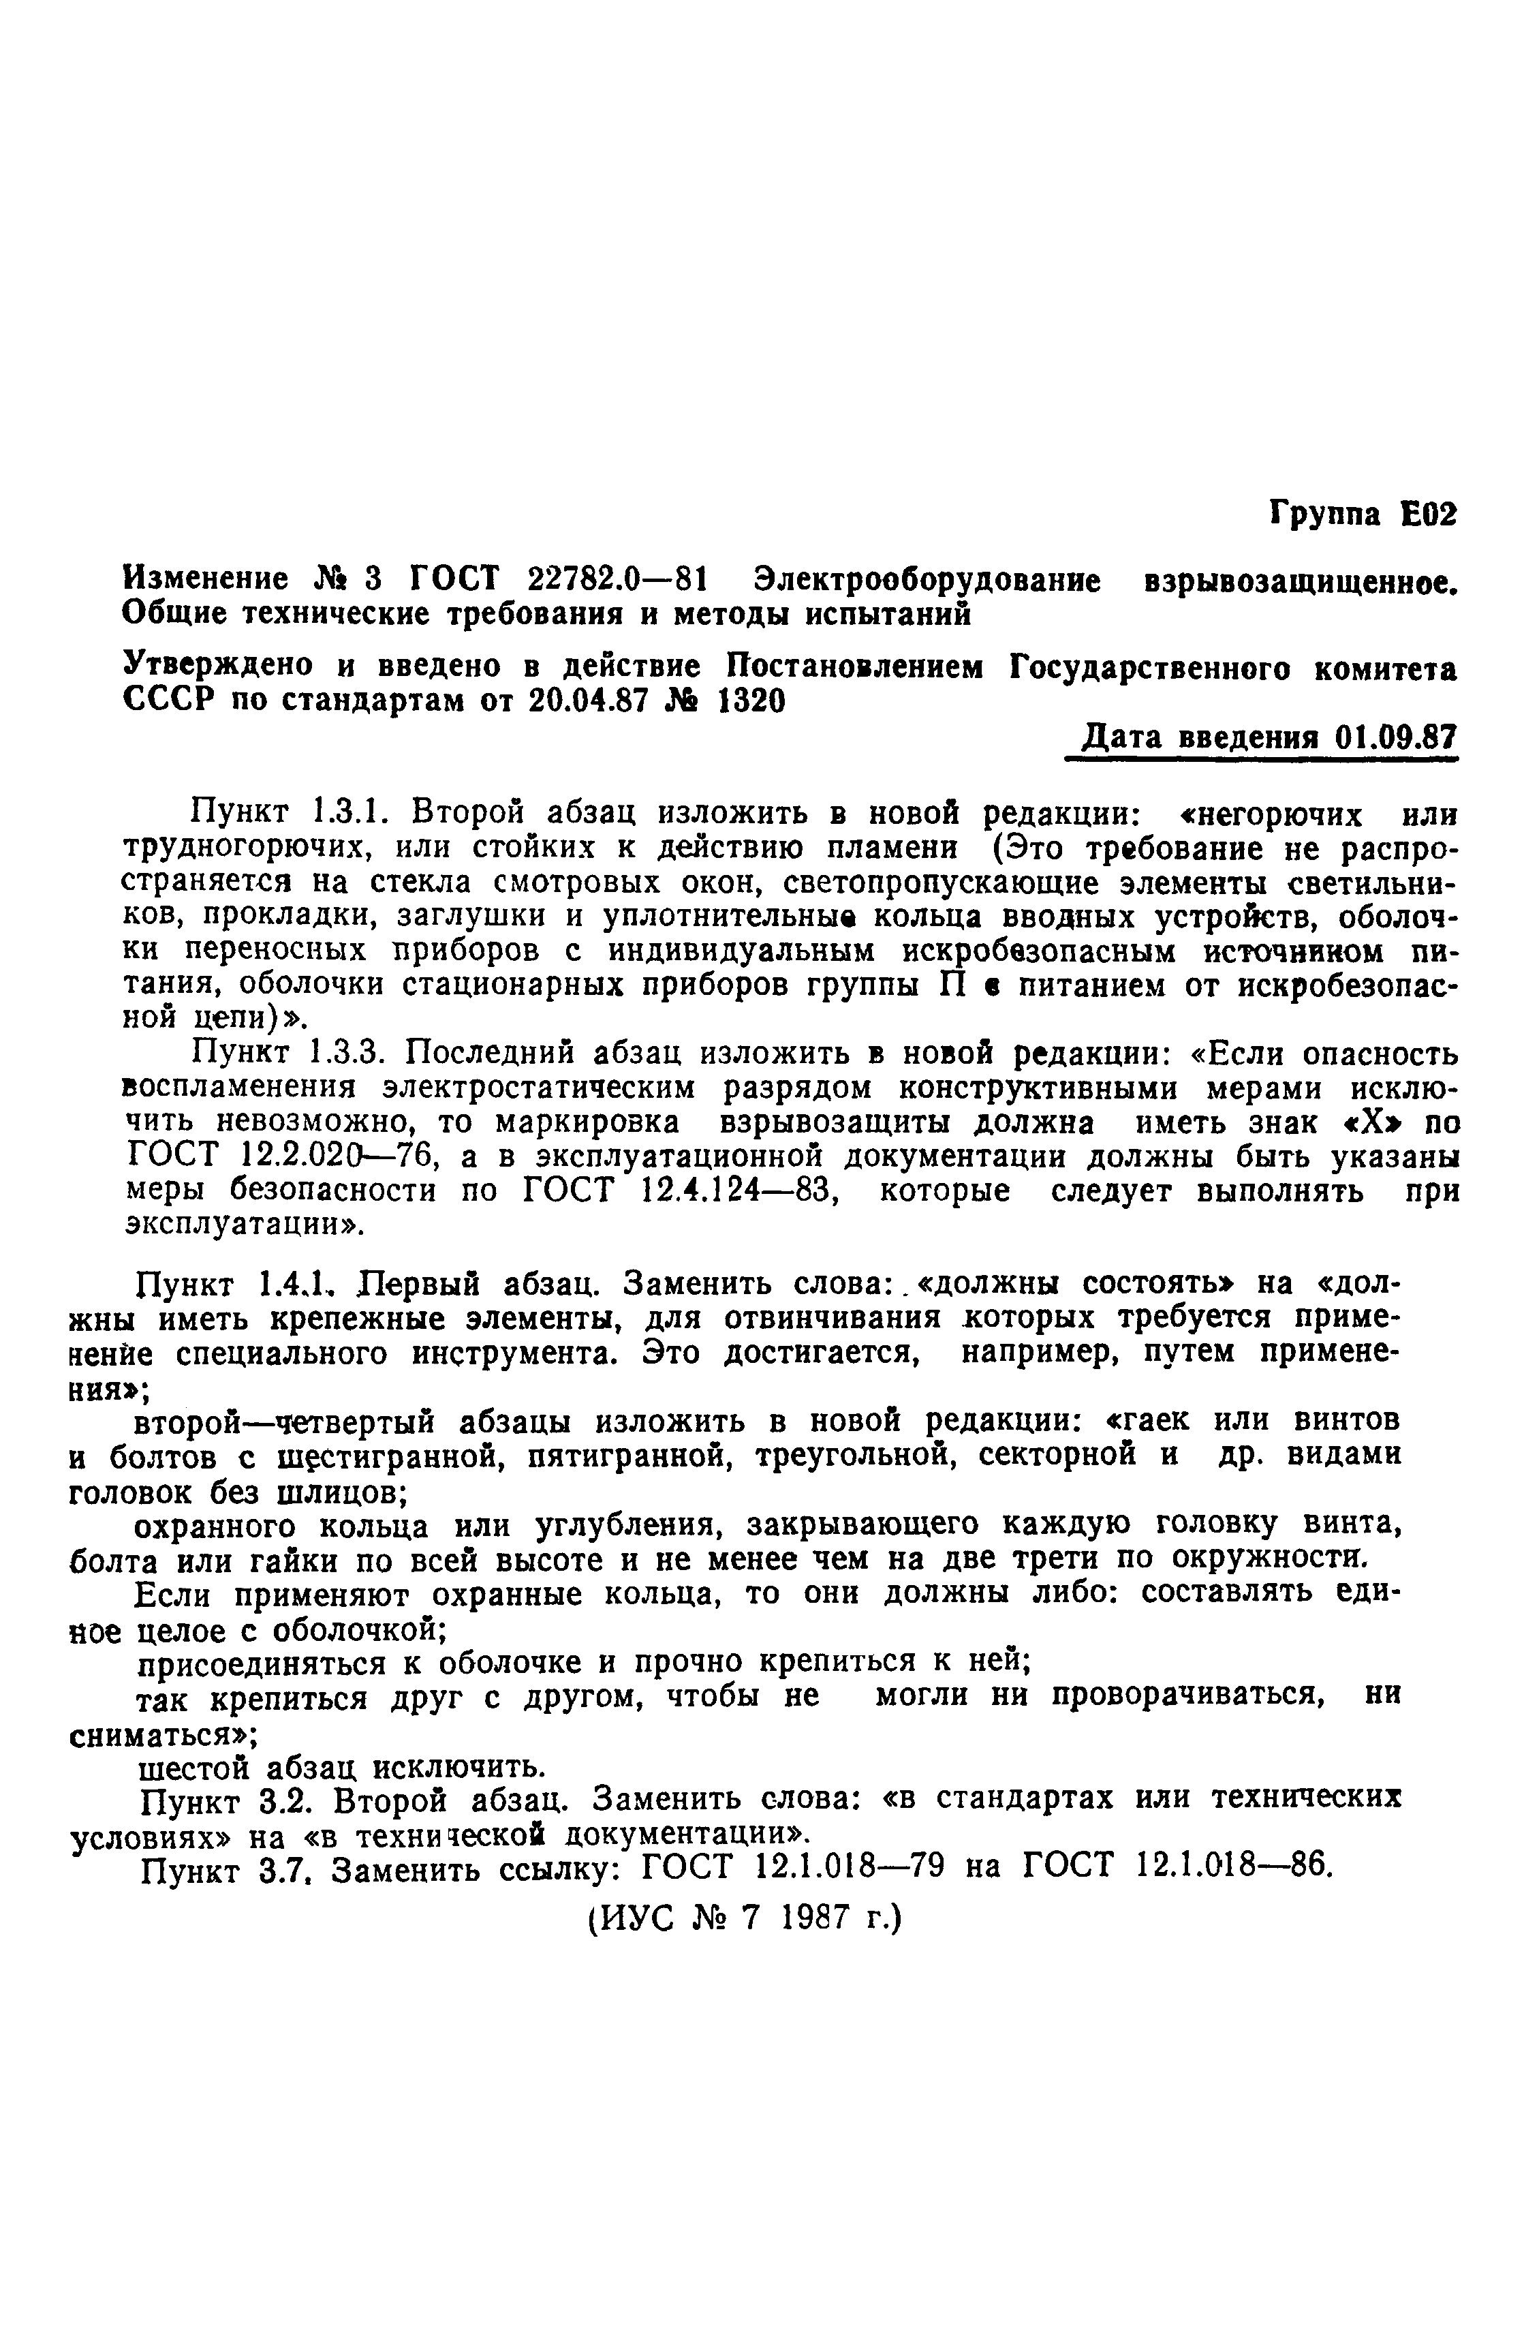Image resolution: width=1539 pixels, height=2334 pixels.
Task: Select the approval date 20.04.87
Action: click(x=586, y=703)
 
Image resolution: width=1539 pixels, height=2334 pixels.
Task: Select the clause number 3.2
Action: click(x=287, y=1802)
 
